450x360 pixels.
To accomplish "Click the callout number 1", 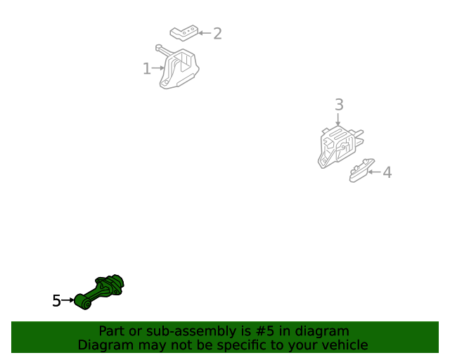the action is (147, 69).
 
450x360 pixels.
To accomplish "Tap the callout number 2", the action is (217, 34).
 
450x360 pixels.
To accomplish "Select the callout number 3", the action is (339, 105).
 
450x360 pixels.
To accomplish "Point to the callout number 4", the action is (387, 172).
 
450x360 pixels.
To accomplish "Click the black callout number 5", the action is (56, 300).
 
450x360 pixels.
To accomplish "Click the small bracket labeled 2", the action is (184, 33).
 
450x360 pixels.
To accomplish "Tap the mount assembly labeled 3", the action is (340, 147).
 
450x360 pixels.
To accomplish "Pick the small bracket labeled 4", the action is (361, 171).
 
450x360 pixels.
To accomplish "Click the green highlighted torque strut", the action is (99, 292).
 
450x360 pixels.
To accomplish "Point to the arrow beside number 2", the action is (205, 33).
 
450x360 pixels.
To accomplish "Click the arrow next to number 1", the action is (158, 68).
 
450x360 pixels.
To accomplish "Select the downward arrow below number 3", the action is (337, 120).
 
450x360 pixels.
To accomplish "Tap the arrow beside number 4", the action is (374, 172).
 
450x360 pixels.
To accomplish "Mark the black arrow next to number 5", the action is (68, 300).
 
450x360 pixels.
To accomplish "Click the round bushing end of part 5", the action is (83, 302).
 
